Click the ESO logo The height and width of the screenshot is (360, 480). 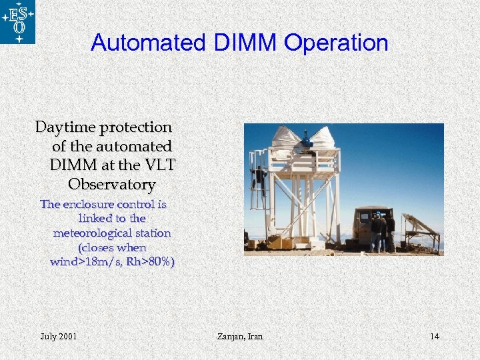point(17,21)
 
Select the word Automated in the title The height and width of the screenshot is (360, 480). point(149,43)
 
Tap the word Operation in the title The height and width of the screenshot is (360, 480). point(336,43)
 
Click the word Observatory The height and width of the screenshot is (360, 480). point(111,184)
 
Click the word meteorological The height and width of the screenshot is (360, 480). point(112,233)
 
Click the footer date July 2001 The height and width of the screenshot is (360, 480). point(58,336)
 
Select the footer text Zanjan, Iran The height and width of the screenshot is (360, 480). point(239,336)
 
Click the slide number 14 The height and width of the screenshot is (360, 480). point(434,336)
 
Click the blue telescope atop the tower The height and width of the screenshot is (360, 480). point(306,139)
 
